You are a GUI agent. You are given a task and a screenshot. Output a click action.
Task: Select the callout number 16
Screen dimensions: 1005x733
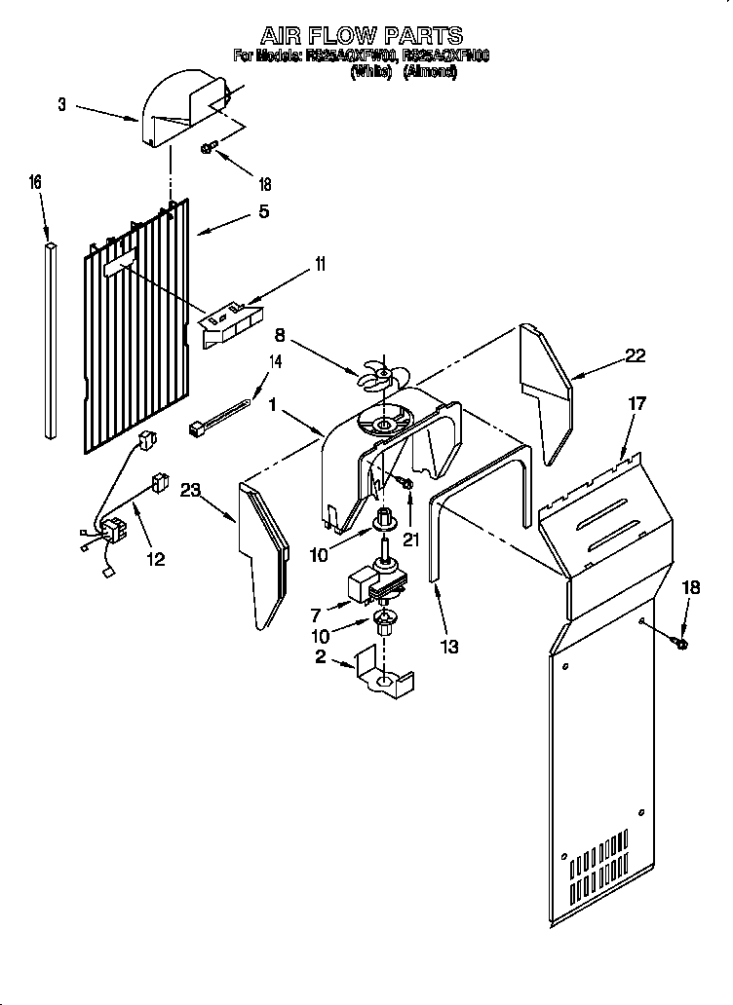pyautogui.click(x=36, y=181)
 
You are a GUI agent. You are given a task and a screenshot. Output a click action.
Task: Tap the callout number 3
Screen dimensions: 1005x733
pyautogui.click(x=62, y=105)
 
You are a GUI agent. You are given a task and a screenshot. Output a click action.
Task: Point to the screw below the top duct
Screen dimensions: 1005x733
pyautogui.click(x=208, y=148)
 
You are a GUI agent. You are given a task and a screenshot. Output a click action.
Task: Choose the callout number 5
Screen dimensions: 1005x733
pyautogui.click(x=263, y=210)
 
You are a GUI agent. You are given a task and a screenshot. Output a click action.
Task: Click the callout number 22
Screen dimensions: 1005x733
pyautogui.click(x=636, y=355)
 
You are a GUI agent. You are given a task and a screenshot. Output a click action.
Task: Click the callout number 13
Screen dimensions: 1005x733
pyautogui.click(x=449, y=646)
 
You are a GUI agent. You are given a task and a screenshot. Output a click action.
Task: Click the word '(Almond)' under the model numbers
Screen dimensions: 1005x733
pyautogui.click(x=430, y=72)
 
